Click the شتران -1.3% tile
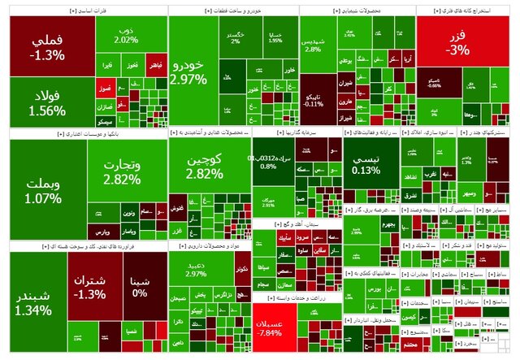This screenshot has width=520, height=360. click(93, 289)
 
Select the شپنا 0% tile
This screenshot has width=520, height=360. click(140, 288)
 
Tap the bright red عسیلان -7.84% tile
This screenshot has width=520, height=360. click(276, 328)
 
